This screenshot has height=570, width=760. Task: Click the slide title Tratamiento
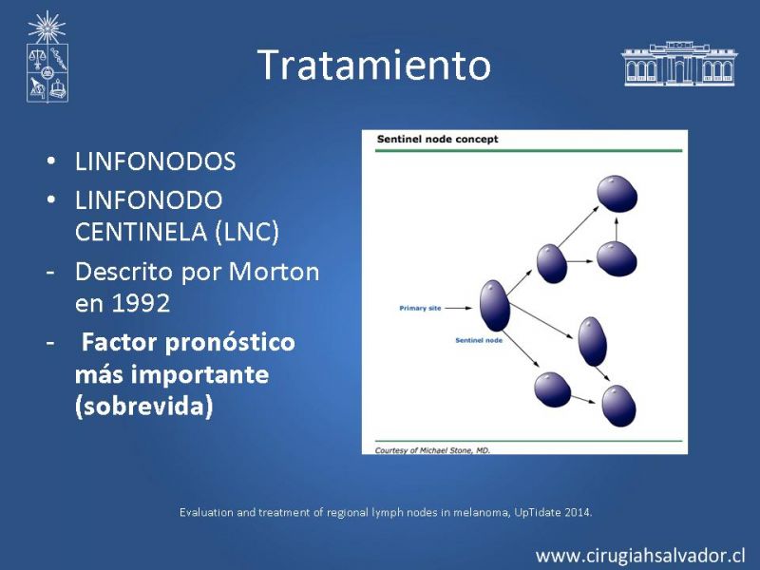coord(374,65)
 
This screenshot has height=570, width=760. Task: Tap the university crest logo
coord(47,57)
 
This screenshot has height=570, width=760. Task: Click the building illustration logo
coord(678,64)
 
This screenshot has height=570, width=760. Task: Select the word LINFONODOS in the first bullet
coord(155,161)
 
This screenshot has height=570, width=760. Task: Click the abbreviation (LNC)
coord(246,231)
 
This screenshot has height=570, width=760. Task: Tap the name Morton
coord(274,272)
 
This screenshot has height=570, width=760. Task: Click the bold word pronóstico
coord(230,343)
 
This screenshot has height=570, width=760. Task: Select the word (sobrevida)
coord(144,406)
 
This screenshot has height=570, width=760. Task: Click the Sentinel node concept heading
coord(437,139)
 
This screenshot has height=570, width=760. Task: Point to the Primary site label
coord(420,308)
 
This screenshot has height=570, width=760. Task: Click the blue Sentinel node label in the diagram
coord(479,340)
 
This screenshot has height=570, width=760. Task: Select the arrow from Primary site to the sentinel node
coord(458,308)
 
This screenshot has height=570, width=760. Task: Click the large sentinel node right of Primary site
coord(494,305)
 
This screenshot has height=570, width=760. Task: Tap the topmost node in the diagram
coord(617,194)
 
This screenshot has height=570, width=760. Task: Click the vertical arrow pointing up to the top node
coord(616,229)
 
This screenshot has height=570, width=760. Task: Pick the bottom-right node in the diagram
coord(619,406)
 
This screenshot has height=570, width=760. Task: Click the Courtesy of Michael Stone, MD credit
coord(432,450)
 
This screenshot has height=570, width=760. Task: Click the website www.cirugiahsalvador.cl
coord(640,556)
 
